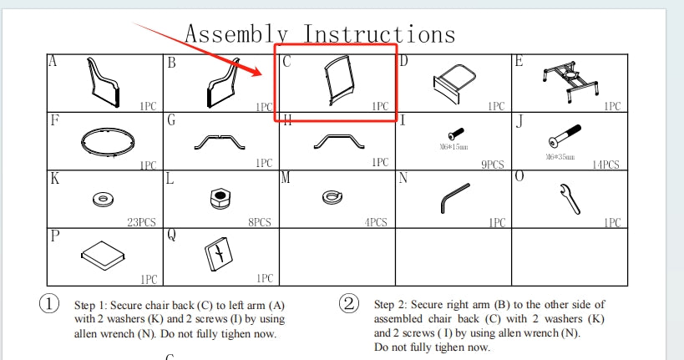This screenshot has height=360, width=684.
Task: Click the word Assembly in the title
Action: pos(236,34)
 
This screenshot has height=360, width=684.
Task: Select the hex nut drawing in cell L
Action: pos(220,199)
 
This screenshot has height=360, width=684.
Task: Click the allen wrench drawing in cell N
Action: pos(454,198)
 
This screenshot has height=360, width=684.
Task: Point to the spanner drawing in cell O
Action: pos(570,199)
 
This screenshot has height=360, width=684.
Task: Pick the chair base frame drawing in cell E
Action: pos(570,82)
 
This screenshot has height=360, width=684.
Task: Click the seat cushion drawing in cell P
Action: pos(103,256)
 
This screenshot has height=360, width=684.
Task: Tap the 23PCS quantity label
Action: pos(141,222)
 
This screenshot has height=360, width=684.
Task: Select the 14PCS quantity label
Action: pos(605,165)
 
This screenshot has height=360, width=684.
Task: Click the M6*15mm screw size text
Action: pos(453,147)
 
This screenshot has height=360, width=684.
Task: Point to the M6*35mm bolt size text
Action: pos(560,157)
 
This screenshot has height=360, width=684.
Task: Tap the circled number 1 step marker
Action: pos(49,303)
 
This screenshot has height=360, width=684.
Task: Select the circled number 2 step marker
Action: pos(349,303)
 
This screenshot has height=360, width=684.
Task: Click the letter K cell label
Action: pos(55,179)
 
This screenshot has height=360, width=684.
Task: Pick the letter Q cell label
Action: pos(171,236)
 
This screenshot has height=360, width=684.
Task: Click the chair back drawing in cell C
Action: pos(339,81)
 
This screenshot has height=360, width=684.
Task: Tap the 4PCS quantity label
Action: pos(376,222)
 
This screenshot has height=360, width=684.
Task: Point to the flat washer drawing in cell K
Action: pos(104,200)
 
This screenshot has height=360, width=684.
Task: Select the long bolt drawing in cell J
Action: pos(565,136)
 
